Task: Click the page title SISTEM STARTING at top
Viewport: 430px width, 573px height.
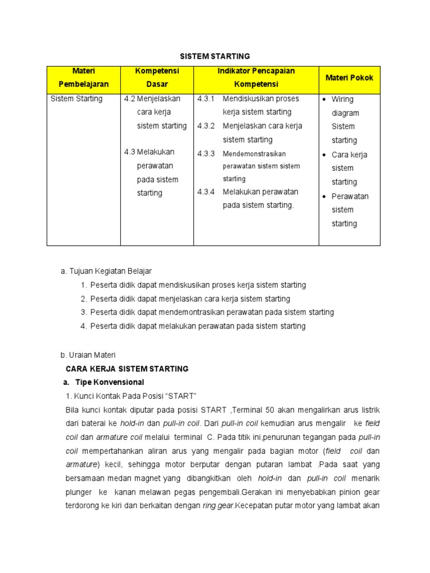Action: tap(214, 57)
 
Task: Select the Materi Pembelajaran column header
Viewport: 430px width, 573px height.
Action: tap(84, 78)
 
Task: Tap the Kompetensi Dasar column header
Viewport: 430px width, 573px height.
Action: tap(157, 78)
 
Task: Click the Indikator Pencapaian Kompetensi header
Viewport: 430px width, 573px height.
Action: tap(256, 78)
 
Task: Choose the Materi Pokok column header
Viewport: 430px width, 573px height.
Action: tap(349, 78)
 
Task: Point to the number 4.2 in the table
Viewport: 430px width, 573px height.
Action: tap(130, 99)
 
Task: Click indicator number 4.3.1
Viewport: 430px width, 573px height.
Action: tap(206, 99)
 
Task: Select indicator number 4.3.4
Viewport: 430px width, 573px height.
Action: tap(206, 192)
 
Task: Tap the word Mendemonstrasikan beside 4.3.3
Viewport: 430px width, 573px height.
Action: tap(254, 153)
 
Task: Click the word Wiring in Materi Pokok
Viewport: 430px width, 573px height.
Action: tap(343, 100)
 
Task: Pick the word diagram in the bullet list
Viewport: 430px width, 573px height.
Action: tap(345, 113)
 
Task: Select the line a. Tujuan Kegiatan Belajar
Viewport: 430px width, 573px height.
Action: tap(106, 271)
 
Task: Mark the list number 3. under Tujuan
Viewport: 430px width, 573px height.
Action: tap(83, 312)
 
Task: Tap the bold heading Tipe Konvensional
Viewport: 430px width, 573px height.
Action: tap(107, 382)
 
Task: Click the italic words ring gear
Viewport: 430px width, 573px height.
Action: tap(218, 505)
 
